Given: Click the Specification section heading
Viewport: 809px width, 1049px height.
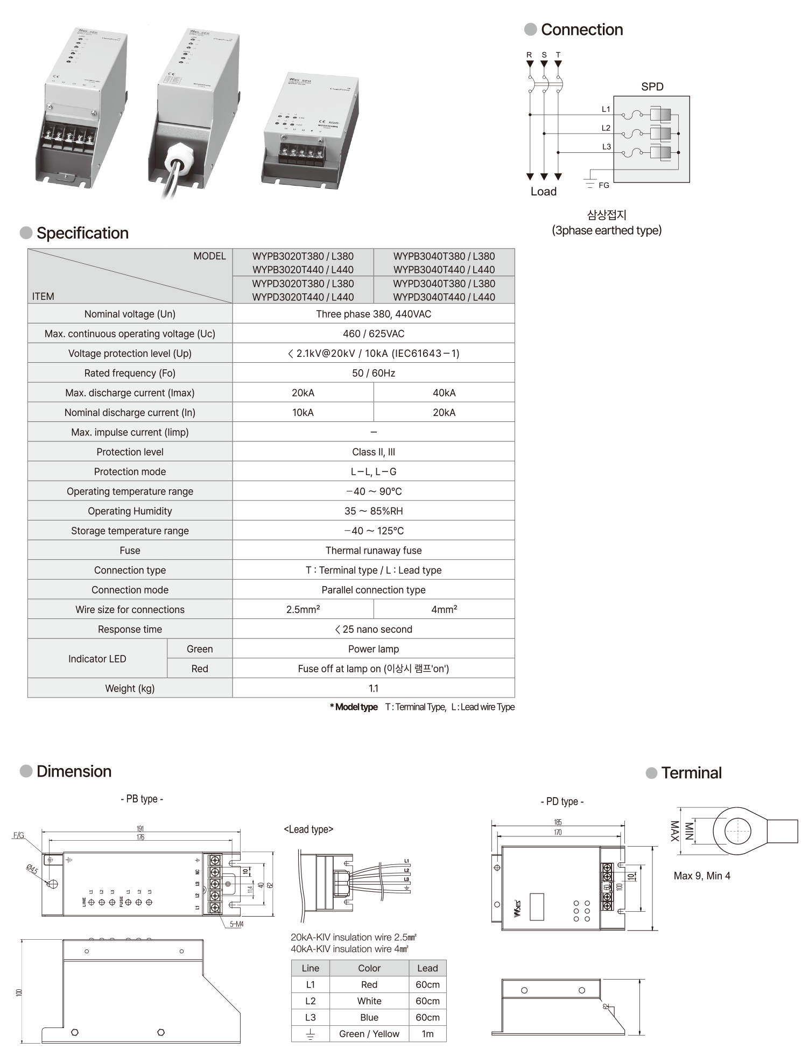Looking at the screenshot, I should (82, 233).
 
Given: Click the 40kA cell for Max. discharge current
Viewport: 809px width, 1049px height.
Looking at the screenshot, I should (444, 393).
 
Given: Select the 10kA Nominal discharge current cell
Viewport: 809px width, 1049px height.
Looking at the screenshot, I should (303, 412).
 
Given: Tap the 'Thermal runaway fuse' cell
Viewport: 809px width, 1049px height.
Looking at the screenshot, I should (374, 550).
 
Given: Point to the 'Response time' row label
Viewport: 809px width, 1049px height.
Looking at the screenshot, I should (130, 629).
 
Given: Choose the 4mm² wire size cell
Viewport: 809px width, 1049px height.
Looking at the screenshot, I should (444, 609).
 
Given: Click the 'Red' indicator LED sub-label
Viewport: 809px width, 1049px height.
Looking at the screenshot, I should (200, 668).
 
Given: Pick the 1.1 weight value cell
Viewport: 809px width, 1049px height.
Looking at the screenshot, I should (374, 688).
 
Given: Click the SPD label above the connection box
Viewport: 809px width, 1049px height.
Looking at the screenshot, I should (652, 87).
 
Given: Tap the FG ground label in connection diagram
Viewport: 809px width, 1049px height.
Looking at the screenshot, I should (604, 185).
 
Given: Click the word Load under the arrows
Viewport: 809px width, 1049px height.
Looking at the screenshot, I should (544, 192).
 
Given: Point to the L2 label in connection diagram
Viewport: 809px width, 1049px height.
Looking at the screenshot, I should (606, 128).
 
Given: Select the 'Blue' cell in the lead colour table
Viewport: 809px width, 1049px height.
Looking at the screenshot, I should (369, 1017).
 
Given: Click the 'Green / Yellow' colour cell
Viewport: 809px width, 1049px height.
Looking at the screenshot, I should (369, 1033).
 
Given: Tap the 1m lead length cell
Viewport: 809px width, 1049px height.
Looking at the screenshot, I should (427, 1033).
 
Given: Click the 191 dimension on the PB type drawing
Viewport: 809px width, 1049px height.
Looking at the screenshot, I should (140, 829).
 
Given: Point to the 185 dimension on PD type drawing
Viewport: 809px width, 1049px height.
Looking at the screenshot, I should (558, 822).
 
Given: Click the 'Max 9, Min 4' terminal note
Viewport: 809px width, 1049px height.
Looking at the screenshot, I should (702, 876).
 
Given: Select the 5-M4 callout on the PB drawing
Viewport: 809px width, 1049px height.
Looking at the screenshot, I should (236, 924).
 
